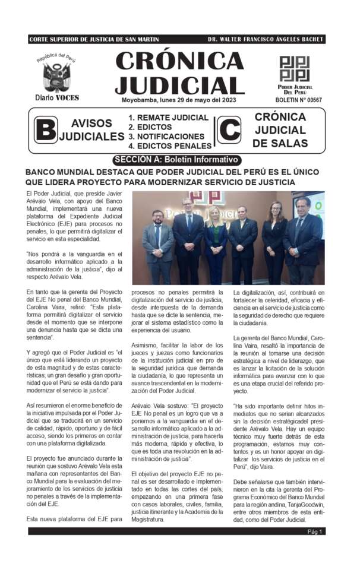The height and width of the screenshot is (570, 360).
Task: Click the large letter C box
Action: coord(229,130)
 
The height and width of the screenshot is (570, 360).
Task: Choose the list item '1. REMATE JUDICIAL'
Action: coord(169,118)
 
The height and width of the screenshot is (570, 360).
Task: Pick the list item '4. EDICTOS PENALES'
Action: coord(170,145)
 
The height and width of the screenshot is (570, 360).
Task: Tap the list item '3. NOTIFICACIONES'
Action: coord(166,136)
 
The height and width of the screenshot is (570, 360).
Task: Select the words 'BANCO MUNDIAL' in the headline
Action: coord(59,172)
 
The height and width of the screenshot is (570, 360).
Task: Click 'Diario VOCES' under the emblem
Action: coord(56,97)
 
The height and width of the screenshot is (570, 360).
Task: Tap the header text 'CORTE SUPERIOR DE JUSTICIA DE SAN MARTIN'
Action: coord(94,39)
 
